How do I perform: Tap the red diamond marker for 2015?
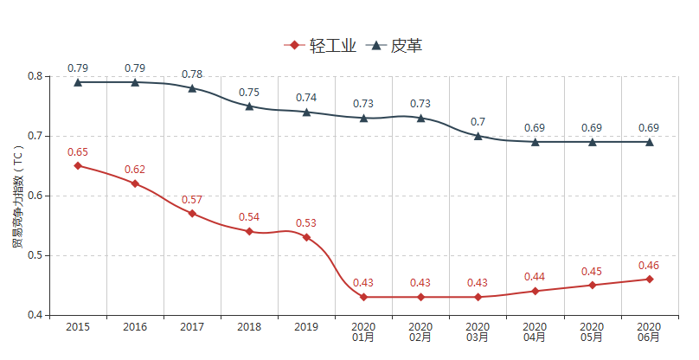tap(78, 165)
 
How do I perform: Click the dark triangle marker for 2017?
tap(192, 88)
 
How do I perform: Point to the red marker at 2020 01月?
tap(363, 297)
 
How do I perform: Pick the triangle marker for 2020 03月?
tap(478, 136)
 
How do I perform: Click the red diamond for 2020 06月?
tap(649, 279)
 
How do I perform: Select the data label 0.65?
tap(78, 152)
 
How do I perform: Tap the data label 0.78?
tap(192, 74)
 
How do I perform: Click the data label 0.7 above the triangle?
tap(478, 122)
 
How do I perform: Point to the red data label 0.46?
tap(649, 266)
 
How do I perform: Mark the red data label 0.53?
tap(306, 223)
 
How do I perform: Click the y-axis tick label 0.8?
tap(35, 76)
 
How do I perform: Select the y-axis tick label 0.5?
tap(35, 255)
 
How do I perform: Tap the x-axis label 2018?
tap(249, 327)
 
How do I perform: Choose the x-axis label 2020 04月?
tap(535, 331)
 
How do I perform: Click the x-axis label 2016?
tap(135, 327)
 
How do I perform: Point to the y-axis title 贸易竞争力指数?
tap(16, 196)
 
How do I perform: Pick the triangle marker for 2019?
tap(306, 112)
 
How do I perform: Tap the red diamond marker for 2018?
tap(249, 231)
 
